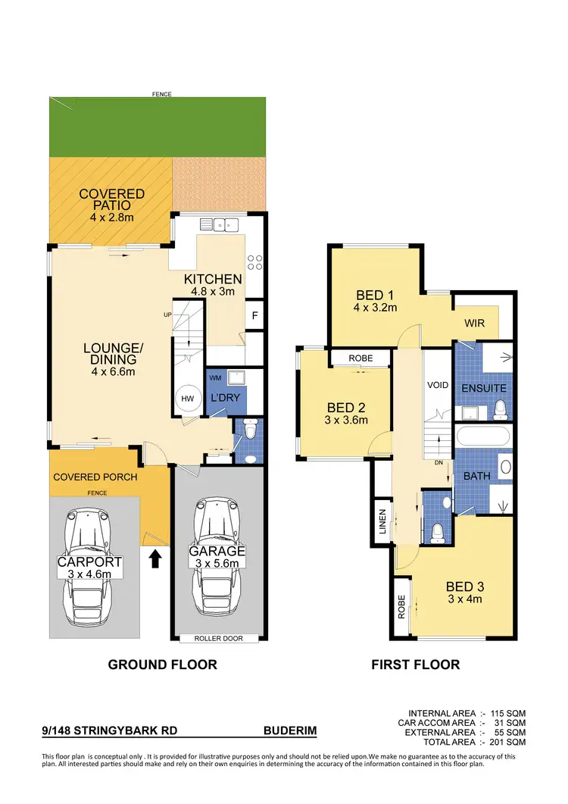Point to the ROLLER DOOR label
click(219, 638)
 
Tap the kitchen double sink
click(222, 224)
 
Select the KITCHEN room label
click(213, 279)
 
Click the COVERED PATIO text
click(111, 201)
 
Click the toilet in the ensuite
click(499, 409)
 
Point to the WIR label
click(475, 323)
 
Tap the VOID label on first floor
click(438, 386)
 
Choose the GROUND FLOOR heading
click(162, 665)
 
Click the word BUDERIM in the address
click(290, 731)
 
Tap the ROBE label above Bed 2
click(360, 358)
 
